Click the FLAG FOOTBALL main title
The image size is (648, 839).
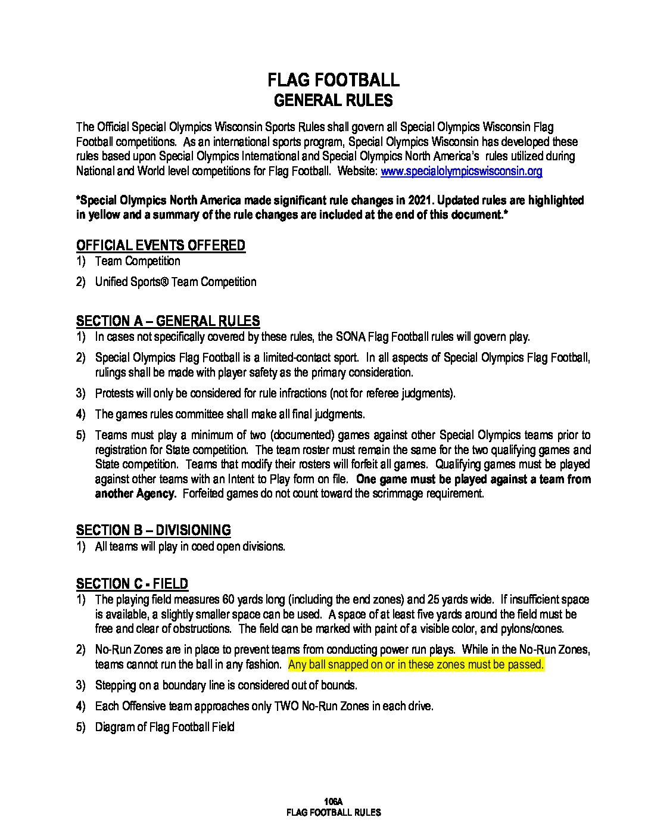333,80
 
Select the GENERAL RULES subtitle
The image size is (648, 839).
333,100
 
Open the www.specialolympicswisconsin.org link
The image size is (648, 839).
461,172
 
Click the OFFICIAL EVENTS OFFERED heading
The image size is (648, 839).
160,246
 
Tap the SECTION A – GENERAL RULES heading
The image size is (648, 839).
168,321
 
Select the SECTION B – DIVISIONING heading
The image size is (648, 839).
153,530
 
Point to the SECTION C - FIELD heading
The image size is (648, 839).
132,584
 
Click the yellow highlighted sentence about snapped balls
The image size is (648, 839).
416,664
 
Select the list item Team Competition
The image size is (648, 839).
138,261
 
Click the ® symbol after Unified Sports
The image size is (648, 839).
164,282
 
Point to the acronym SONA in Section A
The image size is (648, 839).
353,337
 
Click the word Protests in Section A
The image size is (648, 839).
114,393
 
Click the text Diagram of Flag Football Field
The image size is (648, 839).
164,727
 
